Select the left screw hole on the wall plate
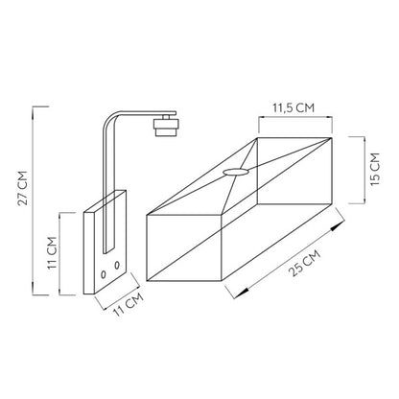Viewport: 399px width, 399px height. point(103,265)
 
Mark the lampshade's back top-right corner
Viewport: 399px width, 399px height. point(331,136)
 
